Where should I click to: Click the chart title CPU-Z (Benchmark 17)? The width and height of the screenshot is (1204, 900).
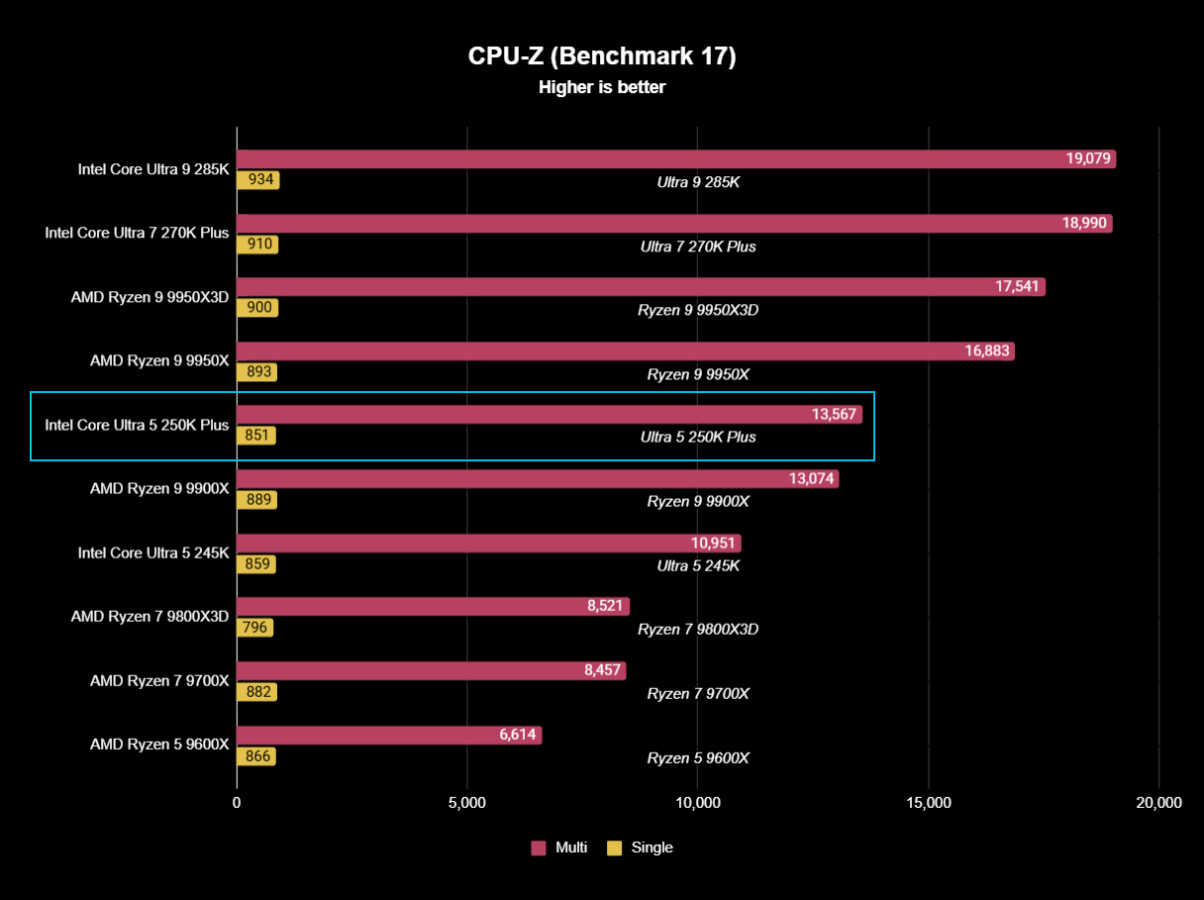coord(602,56)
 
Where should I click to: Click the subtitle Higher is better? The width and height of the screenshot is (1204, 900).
coord(602,87)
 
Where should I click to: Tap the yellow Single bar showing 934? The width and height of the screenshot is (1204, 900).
coord(257,180)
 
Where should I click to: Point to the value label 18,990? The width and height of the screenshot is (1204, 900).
coord(1084,224)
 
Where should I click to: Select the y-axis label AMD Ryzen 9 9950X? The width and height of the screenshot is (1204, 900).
coord(159,361)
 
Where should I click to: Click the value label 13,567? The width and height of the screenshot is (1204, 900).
coord(834,415)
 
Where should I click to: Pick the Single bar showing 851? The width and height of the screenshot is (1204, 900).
coord(255,436)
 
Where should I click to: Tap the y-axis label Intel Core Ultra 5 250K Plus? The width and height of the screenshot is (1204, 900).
coord(137,426)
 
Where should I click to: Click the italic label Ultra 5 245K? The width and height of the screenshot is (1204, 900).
coord(698,565)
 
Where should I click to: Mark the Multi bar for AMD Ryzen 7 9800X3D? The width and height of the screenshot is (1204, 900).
coord(433,607)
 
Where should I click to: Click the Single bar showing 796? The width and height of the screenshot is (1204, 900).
coord(254,628)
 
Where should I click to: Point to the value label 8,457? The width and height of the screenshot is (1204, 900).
coord(602,670)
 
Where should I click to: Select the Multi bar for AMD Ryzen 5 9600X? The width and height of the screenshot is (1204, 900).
coord(389,735)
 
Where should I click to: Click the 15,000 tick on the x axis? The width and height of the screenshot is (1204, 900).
coord(928,803)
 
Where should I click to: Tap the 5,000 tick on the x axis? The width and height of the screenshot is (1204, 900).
coord(466,803)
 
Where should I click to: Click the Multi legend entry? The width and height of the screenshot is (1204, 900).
coord(559,848)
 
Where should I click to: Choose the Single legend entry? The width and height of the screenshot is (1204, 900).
coord(641,848)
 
